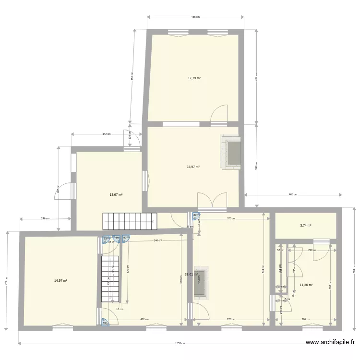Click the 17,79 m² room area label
pos(194,78)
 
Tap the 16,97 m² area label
pos(193,167)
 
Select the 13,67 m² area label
pos(116,195)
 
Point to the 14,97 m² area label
pos(60,281)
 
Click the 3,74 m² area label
pos(306,226)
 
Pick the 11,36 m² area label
pos(306,285)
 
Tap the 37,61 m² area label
pos(191,275)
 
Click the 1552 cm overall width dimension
pos(180,343)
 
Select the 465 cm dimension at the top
pos(195,17)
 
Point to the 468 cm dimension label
pos(293,194)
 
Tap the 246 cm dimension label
pos(45,219)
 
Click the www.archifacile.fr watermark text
pos(331,342)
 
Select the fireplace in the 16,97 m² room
pos(231,153)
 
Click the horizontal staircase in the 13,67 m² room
pos(129,221)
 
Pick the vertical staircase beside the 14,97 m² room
pos(110,279)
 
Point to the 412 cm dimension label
pos(144,319)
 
